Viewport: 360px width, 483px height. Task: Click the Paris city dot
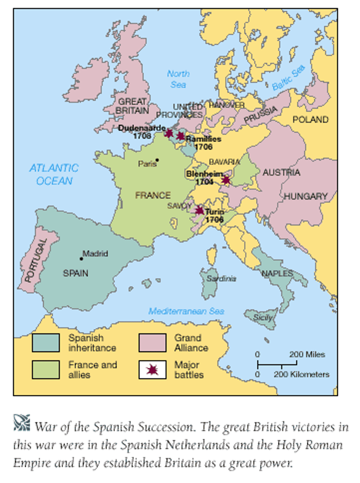pos(157,160)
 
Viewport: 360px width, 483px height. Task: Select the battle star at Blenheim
pos(226,180)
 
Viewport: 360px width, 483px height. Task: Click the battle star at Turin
pos(200,210)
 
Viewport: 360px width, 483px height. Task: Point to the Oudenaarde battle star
pos(169,133)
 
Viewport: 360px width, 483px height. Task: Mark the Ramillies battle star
pos(180,136)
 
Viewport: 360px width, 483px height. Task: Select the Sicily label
pos(263,318)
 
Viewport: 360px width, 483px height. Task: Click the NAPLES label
pos(278,273)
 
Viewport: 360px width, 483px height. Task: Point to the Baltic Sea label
pos(288,79)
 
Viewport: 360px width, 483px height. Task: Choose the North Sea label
pos(178,79)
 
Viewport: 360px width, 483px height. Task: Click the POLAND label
pos(310,120)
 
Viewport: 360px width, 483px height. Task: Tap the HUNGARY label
pos(306,196)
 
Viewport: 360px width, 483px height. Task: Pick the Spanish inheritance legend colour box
pos(46,343)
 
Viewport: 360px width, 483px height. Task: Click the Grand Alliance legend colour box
pos(152,343)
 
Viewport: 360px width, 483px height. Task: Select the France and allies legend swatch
pos(46,369)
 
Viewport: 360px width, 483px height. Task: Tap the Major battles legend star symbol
pos(152,369)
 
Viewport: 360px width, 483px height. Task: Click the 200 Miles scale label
pos(307,355)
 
